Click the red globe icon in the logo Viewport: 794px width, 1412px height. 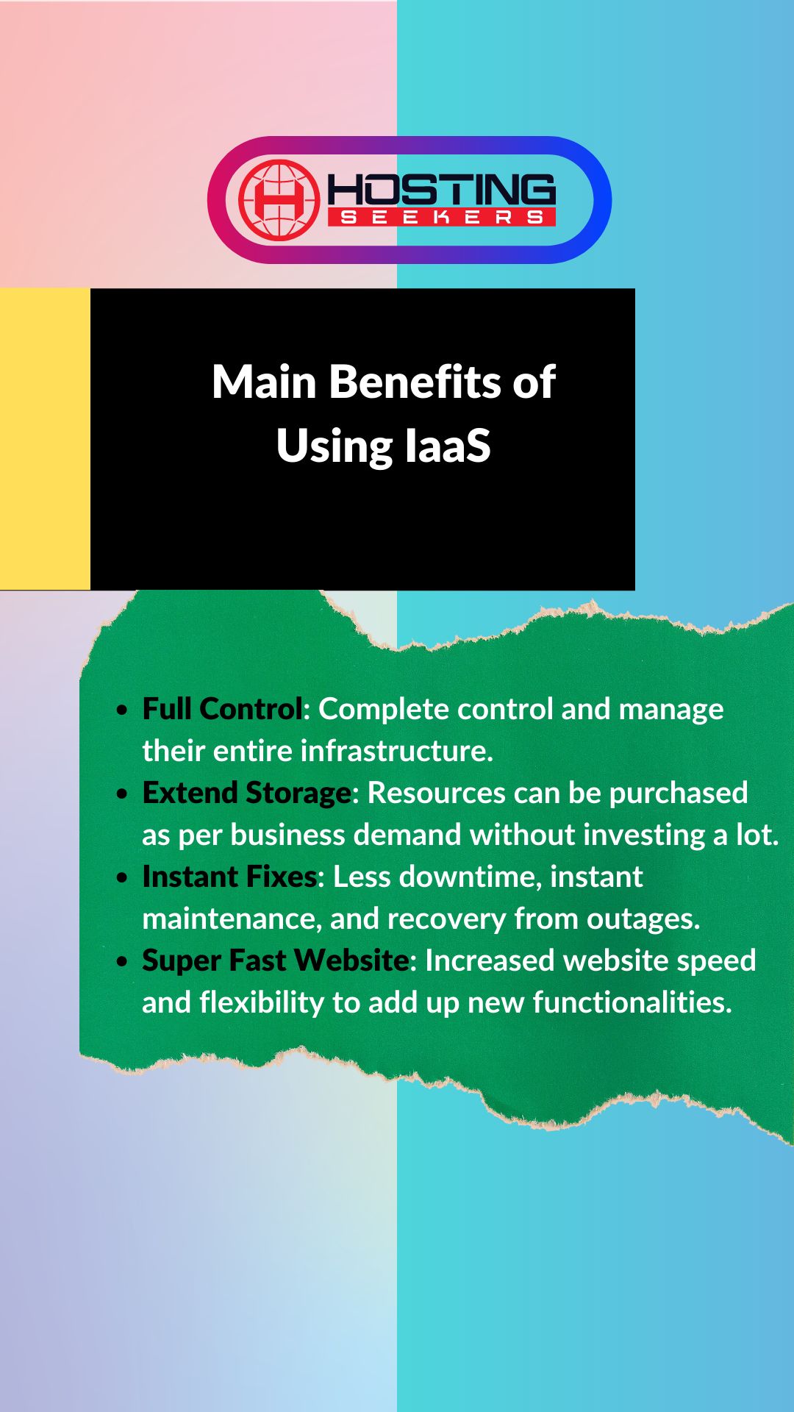(x=279, y=200)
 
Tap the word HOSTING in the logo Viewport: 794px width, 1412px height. (x=441, y=190)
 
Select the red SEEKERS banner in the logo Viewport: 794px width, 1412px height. (x=441, y=217)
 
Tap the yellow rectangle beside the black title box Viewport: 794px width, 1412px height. (x=45, y=439)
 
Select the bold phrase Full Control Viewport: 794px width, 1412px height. (x=222, y=709)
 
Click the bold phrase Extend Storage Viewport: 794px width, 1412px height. (x=246, y=793)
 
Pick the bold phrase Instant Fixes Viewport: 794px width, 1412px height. (x=229, y=877)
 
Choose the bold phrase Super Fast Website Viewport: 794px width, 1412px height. (x=275, y=960)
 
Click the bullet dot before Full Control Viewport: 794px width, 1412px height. (x=123, y=710)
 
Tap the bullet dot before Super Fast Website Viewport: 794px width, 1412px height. (x=123, y=962)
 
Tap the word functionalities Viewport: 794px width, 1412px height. (x=632, y=1002)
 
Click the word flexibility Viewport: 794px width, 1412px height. (x=262, y=1002)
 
